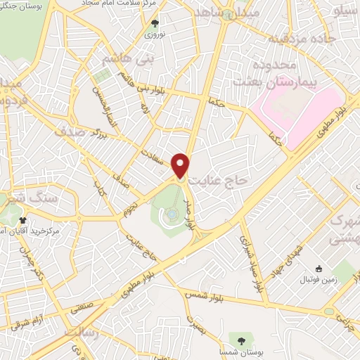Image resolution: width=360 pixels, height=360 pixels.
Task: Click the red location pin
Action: [x=181, y=165]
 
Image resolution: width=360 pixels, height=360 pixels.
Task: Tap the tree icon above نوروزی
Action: [x=155, y=22]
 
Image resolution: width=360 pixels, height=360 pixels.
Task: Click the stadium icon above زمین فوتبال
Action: [x=318, y=268]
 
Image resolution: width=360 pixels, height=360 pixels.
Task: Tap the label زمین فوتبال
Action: [x=321, y=280]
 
